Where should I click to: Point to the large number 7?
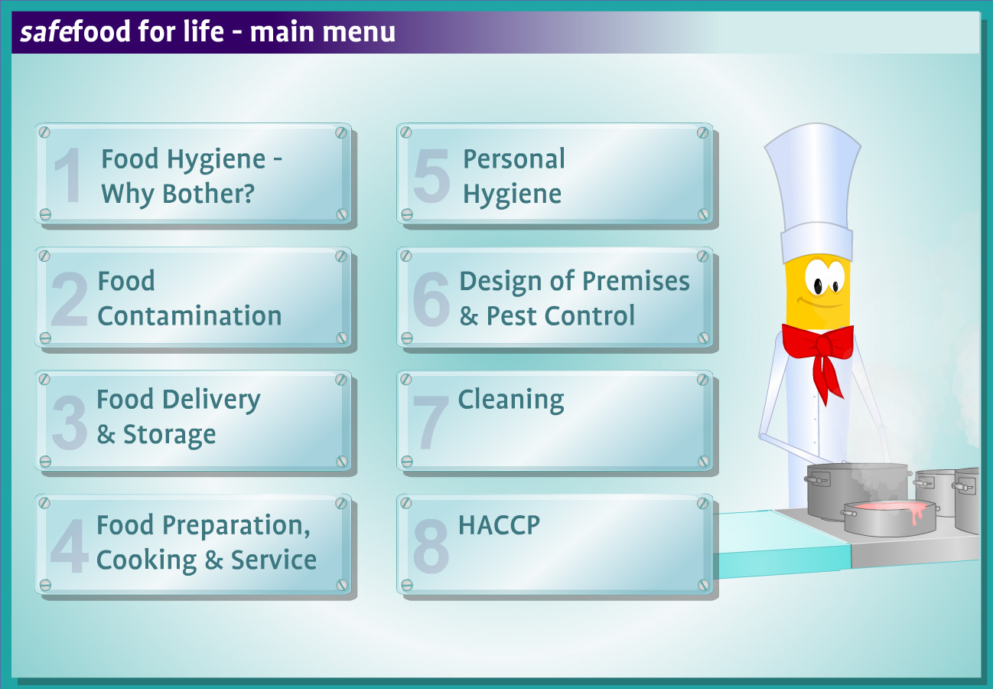coord(431,423)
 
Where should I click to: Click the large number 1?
coord(69,175)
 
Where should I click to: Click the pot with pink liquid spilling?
coord(890,518)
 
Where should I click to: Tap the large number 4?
coord(70,546)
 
